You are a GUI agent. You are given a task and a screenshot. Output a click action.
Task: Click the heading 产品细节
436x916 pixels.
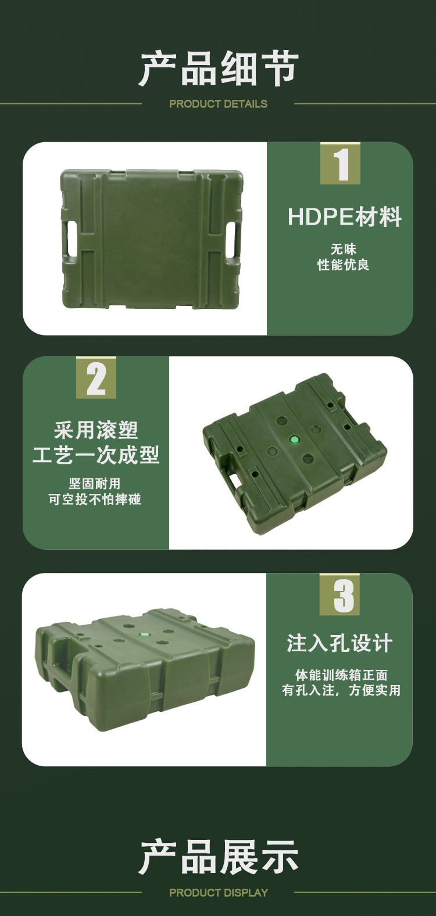[x=218, y=68]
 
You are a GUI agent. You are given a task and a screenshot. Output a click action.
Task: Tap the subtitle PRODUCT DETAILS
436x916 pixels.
[x=218, y=104]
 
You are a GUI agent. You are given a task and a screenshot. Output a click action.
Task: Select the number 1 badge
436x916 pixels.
[x=340, y=164]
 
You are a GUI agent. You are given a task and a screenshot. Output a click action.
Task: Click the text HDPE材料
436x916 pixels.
[x=344, y=217]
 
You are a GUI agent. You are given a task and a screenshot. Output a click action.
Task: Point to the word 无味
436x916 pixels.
[x=344, y=249]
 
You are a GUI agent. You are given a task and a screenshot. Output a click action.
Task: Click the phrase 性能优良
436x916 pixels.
[x=344, y=265]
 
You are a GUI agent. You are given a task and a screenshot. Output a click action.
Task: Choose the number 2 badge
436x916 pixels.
[x=96, y=377]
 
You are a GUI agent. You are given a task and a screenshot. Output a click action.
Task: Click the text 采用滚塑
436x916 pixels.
[x=96, y=430]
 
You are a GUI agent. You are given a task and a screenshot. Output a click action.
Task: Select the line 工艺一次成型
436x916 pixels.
[x=96, y=455]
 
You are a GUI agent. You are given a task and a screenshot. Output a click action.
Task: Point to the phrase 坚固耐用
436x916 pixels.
[x=95, y=484]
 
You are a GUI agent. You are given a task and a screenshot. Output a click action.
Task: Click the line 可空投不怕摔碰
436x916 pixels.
[x=95, y=499]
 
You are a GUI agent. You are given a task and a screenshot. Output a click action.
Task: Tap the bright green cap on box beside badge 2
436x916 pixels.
[x=294, y=440]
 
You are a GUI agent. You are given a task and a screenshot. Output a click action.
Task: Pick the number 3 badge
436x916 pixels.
[x=340, y=594]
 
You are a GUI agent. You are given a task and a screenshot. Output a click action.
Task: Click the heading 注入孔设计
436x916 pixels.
[x=339, y=643]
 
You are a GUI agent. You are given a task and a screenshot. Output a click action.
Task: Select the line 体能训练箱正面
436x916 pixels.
[x=341, y=675]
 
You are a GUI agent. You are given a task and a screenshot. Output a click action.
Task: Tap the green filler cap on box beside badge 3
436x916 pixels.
[x=144, y=634]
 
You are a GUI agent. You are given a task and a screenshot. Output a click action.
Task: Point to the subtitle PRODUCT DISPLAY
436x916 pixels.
[x=219, y=893]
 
